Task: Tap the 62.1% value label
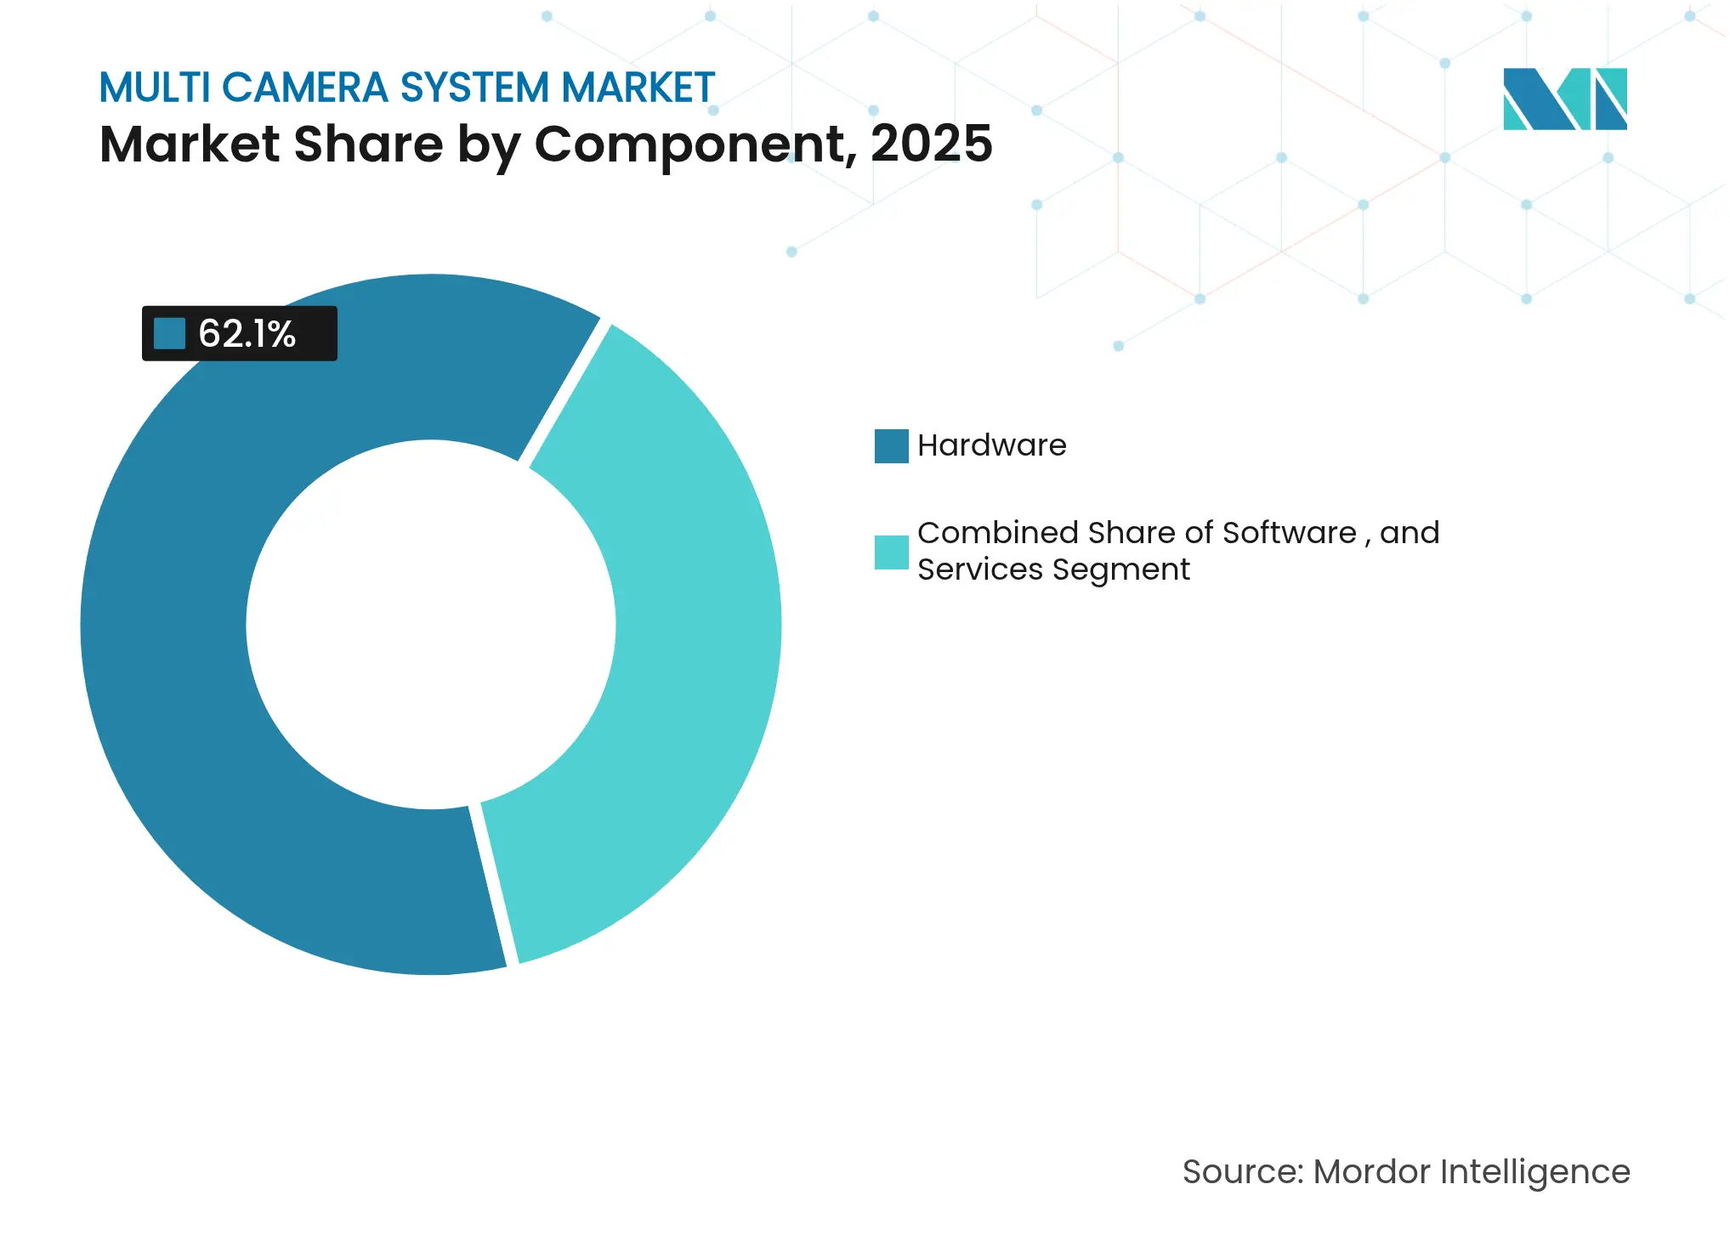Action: click(x=247, y=334)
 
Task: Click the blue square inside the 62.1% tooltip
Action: click(x=169, y=334)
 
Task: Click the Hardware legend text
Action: click(x=991, y=445)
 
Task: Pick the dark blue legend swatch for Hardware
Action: click(x=891, y=446)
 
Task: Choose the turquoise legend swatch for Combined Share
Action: click(x=891, y=552)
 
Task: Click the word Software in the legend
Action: click(x=1289, y=533)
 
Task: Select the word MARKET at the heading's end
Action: click(x=638, y=88)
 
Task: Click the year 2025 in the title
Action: click(x=931, y=144)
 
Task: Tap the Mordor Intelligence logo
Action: click(x=1564, y=99)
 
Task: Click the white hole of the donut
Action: click(x=431, y=625)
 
